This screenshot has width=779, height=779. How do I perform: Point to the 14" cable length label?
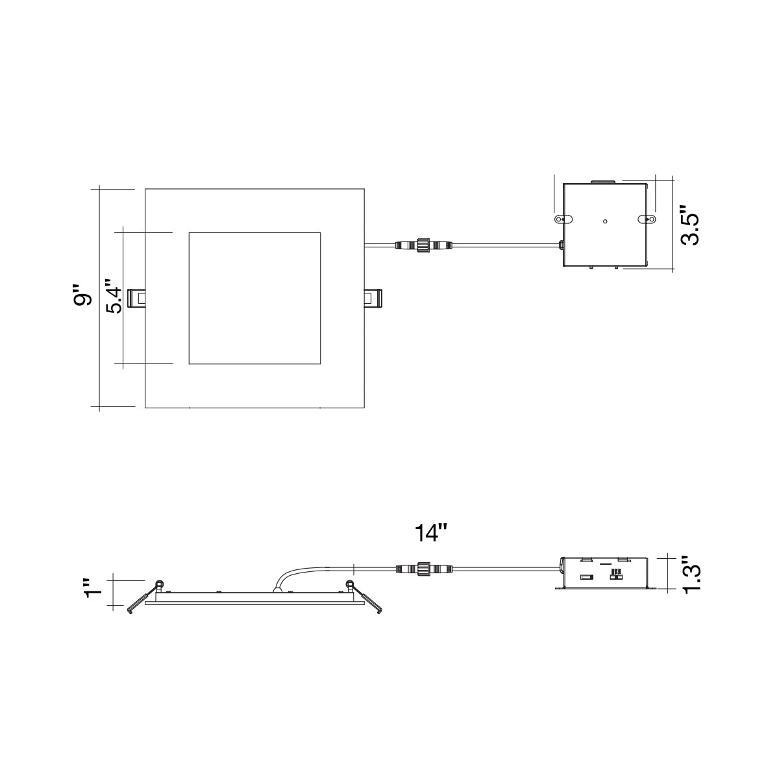(x=430, y=533)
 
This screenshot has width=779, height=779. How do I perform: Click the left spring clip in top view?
(x=136, y=299)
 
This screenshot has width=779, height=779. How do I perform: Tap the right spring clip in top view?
(x=373, y=299)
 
